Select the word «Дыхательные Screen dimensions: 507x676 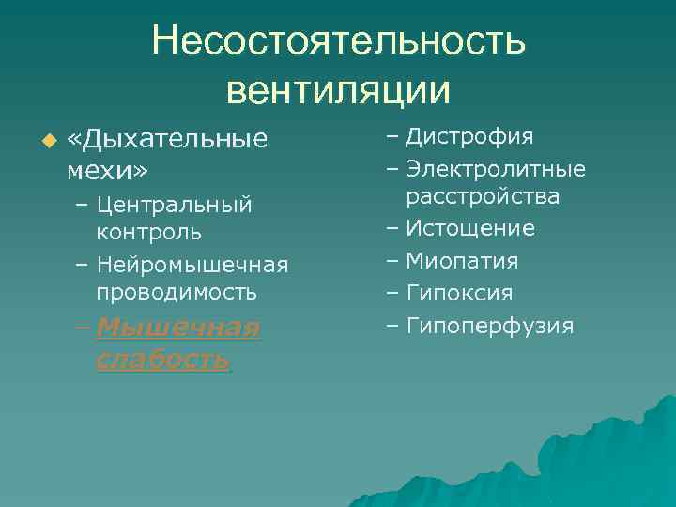tap(168, 140)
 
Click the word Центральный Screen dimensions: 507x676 tap(175, 204)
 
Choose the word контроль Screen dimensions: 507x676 tap(148, 231)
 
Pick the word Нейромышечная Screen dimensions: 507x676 tap(192, 265)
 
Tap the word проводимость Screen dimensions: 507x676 tap(177, 292)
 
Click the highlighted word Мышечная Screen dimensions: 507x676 tap(177, 328)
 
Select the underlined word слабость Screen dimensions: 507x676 tap(162, 360)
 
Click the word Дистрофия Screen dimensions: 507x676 tap(470, 137)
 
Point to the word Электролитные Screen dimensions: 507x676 tap(496, 169)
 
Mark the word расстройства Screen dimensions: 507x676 tap(484, 196)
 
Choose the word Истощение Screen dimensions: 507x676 tap(470, 228)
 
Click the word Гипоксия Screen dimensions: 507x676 tap(459, 294)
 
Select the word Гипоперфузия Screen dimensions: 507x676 tap(489, 326)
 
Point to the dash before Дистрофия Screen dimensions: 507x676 tap(391, 137)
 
